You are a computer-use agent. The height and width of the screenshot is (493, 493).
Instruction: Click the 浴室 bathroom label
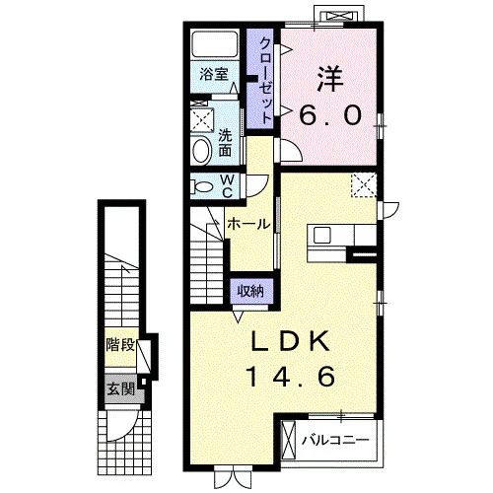[214, 74]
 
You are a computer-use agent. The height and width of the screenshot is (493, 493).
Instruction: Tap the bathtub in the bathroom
[215, 44]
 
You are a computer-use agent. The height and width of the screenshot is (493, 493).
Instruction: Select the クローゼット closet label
[265, 81]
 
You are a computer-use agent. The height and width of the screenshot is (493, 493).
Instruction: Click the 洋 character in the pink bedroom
[330, 79]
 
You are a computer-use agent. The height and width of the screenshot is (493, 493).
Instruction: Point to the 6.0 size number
[330, 115]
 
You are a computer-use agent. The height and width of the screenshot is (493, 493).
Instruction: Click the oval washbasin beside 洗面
[201, 151]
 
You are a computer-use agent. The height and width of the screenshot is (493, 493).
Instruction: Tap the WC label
[228, 186]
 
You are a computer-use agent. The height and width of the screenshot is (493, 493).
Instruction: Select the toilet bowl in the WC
[202, 187]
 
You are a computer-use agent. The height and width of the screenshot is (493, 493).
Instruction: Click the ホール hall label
[248, 224]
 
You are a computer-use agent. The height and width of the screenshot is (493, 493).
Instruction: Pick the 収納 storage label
[250, 291]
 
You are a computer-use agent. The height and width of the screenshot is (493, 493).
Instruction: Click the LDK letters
[290, 341]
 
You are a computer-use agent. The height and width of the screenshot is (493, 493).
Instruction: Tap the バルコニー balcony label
[335, 440]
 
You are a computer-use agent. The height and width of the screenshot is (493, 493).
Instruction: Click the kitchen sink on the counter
[322, 236]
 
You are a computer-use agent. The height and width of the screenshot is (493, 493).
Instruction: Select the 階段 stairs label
[120, 345]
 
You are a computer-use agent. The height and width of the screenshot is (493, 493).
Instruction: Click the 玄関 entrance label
[121, 389]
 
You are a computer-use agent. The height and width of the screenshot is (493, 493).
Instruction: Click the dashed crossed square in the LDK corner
[364, 185]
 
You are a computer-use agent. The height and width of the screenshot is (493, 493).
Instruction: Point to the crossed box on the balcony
[289, 440]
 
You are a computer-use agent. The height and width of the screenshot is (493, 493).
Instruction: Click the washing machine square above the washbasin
[202, 120]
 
